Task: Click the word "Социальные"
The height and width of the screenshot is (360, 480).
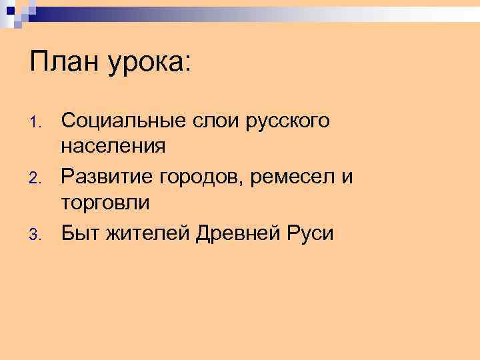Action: (117, 121)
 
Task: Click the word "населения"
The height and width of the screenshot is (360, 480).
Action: (113, 145)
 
